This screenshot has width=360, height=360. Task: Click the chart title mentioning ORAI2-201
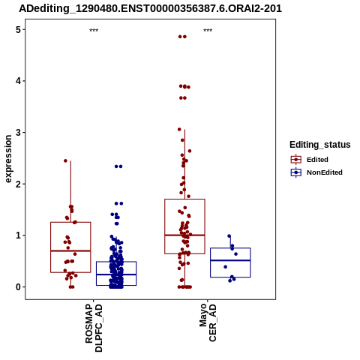[151, 9]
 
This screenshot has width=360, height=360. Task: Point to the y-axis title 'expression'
[8, 159]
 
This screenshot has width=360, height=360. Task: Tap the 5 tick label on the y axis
[18, 30]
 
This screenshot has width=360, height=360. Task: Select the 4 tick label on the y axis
[18, 81]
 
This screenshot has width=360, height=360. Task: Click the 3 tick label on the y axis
[18, 133]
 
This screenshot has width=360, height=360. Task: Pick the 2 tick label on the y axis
[18, 184]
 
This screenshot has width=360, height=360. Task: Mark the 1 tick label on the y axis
[18, 235]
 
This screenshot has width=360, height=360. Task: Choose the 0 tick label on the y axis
[18, 287]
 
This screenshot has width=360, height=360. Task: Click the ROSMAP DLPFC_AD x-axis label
[94, 328]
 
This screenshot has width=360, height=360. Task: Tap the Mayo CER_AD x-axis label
[208, 322]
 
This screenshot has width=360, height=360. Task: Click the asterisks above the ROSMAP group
[94, 30]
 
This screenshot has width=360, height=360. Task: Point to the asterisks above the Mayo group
[208, 30]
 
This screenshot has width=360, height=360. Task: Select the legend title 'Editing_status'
[320, 145]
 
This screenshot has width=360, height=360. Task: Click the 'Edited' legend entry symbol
[296, 159]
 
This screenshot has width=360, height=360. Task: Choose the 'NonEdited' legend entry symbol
[296, 172]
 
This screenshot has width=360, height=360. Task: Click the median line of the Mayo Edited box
[184, 235]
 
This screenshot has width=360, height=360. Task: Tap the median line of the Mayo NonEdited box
[230, 260]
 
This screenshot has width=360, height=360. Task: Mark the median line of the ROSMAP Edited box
[70, 250]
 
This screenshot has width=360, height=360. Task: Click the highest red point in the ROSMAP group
[65, 160]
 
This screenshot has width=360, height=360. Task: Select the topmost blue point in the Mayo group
[229, 236]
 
